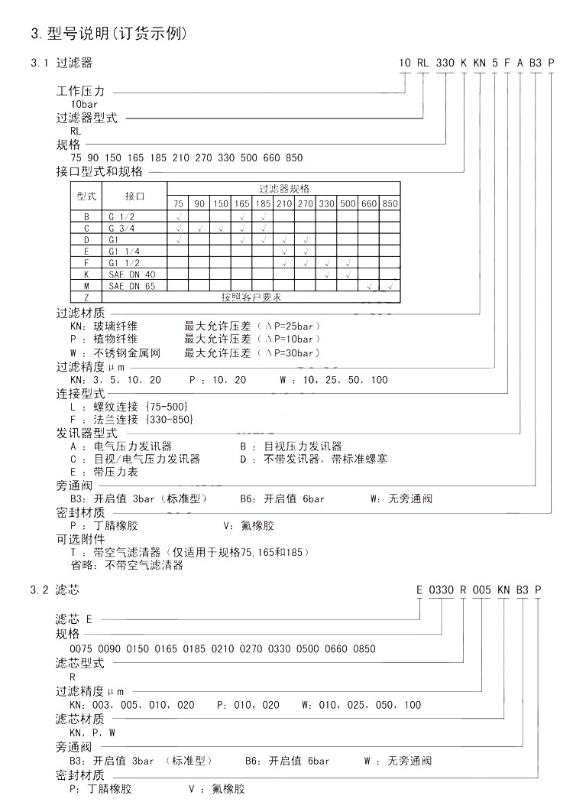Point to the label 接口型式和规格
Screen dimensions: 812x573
point(99,172)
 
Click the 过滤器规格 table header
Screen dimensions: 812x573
point(283,188)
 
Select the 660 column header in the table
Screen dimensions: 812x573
point(369,203)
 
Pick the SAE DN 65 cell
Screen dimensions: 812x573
point(132,285)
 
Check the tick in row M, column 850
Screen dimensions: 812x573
point(390,285)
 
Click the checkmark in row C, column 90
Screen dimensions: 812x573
point(199,228)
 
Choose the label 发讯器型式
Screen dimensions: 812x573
point(86,433)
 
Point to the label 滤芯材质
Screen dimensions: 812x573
point(80,719)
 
